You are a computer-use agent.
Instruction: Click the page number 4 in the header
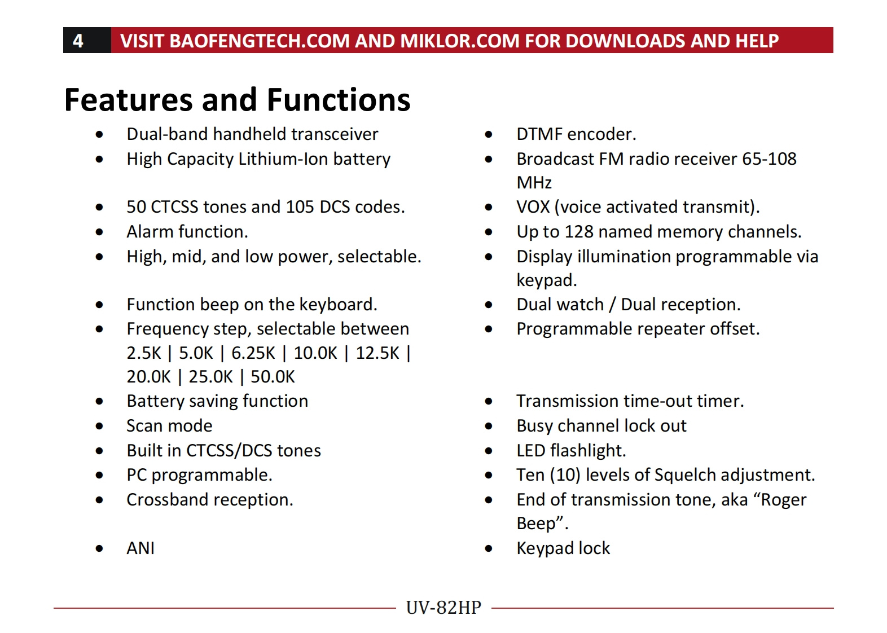tap(78, 41)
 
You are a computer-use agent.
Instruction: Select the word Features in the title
tap(129, 100)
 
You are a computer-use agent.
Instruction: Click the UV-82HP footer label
tap(443, 608)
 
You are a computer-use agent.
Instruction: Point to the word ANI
tap(140, 548)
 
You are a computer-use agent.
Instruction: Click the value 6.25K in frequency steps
tap(253, 353)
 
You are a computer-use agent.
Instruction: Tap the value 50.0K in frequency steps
tap(273, 377)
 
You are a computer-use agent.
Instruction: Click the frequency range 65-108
tap(769, 159)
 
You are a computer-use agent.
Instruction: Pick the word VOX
tap(533, 207)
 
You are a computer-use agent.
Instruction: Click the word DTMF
tap(539, 134)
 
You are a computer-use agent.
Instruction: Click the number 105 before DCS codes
tap(300, 207)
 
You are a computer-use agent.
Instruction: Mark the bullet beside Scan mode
tap(99, 427)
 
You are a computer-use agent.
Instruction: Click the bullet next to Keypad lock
tap(489, 548)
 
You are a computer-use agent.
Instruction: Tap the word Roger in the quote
tap(784, 500)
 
